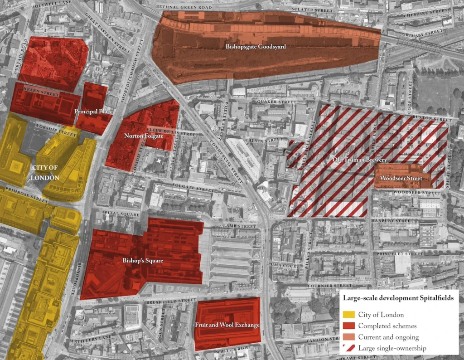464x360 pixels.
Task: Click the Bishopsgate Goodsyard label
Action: [x=256, y=46]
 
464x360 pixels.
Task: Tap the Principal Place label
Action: [x=93, y=111]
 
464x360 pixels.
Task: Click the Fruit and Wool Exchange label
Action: [x=227, y=325]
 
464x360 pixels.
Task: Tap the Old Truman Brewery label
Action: [x=354, y=160]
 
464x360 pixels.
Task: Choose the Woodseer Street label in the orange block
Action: [x=401, y=178]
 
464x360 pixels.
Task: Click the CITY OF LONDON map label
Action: [x=45, y=173]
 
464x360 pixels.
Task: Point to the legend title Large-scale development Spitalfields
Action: [x=401, y=298]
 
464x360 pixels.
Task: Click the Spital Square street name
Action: [x=116, y=212]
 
